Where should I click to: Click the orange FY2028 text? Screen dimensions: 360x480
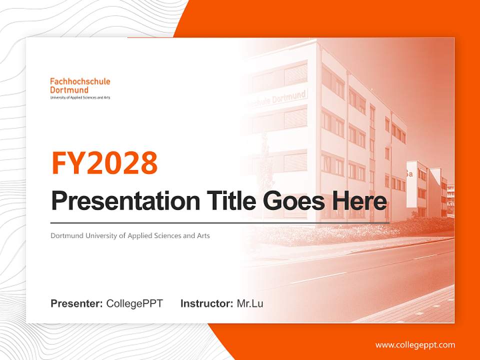[x=104, y=162]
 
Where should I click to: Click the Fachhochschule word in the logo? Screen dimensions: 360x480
[x=80, y=81]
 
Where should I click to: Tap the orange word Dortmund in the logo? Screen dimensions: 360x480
[x=69, y=90]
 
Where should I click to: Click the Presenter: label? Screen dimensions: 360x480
[x=76, y=303]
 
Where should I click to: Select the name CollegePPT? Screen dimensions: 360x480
[x=134, y=303]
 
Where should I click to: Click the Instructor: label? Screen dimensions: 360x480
[x=206, y=303]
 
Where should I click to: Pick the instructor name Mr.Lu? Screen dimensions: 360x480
[x=250, y=303]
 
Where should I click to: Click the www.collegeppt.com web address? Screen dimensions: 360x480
[x=415, y=345]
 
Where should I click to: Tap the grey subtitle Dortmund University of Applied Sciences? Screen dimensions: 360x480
[x=130, y=235]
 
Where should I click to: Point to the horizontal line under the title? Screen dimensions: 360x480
[x=220, y=222]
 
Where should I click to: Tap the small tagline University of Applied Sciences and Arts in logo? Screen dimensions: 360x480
[x=80, y=97]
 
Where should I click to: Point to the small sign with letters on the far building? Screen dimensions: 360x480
[x=409, y=174]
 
